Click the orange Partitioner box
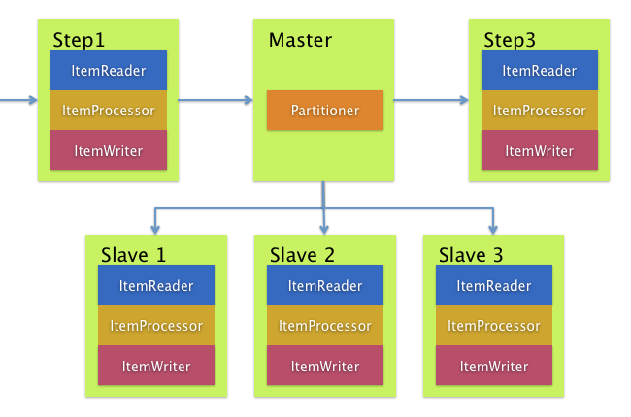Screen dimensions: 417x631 click(x=325, y=111)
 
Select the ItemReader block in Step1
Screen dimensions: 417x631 click(x=109, y=71)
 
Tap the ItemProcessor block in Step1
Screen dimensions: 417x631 click(x=109, y=111)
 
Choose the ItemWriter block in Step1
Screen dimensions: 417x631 click(x=109, y=150)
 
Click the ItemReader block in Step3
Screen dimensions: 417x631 click(x=540, y=71)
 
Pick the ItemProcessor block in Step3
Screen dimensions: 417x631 click(x=540, y=111)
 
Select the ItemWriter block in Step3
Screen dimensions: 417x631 click(x=540, y=150)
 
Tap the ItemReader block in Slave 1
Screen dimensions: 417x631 click(x=156, y=286)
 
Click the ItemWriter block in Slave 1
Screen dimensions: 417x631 click(x=156, y=366)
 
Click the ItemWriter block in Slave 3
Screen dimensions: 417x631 click(x=494, y=366)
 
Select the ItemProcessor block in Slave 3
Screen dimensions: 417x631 click(x=494, y=326)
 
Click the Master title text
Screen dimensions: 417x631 click(x=300, y=41)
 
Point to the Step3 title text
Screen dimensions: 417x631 click(x=510, y=41)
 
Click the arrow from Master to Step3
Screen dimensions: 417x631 click(x=432, y=99)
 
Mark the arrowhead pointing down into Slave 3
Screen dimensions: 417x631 click(x=493, y=229)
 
